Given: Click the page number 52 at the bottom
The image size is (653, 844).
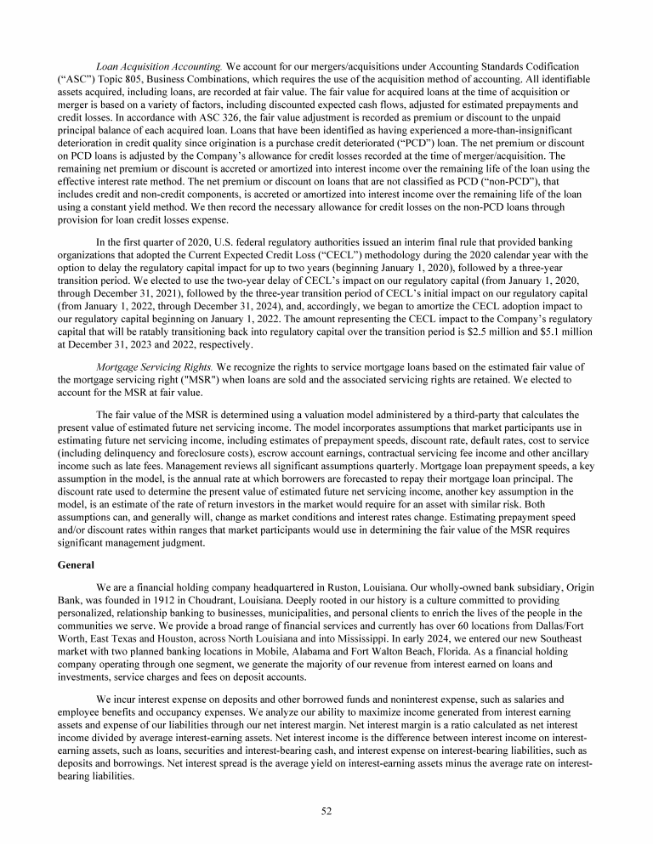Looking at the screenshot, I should tap(326, 811).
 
